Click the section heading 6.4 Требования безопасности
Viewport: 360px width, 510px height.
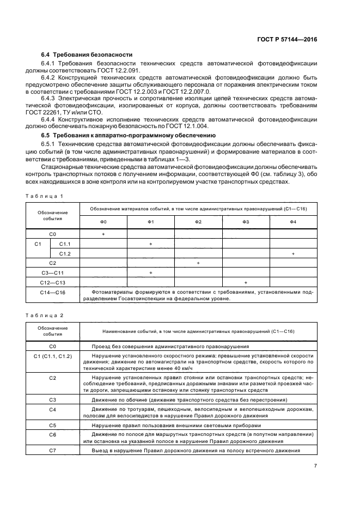(87, 55)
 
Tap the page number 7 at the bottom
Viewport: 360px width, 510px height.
(315, 465)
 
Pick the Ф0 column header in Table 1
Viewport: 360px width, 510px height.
(103, 222)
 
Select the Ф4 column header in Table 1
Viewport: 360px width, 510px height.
(293, 222)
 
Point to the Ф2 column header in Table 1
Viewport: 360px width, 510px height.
(198, 222)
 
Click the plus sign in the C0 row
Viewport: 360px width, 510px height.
(103, 234)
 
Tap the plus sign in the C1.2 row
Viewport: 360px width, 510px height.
(293, 253)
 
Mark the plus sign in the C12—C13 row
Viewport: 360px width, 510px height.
(246, 283)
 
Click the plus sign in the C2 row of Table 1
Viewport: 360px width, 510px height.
(198, 263)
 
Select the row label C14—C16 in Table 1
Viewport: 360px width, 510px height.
(53, 293)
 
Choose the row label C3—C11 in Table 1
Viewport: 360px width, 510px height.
(53, 273)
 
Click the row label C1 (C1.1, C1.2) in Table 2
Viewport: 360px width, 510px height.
(53, 356)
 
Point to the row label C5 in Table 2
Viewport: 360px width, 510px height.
(53, 424)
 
